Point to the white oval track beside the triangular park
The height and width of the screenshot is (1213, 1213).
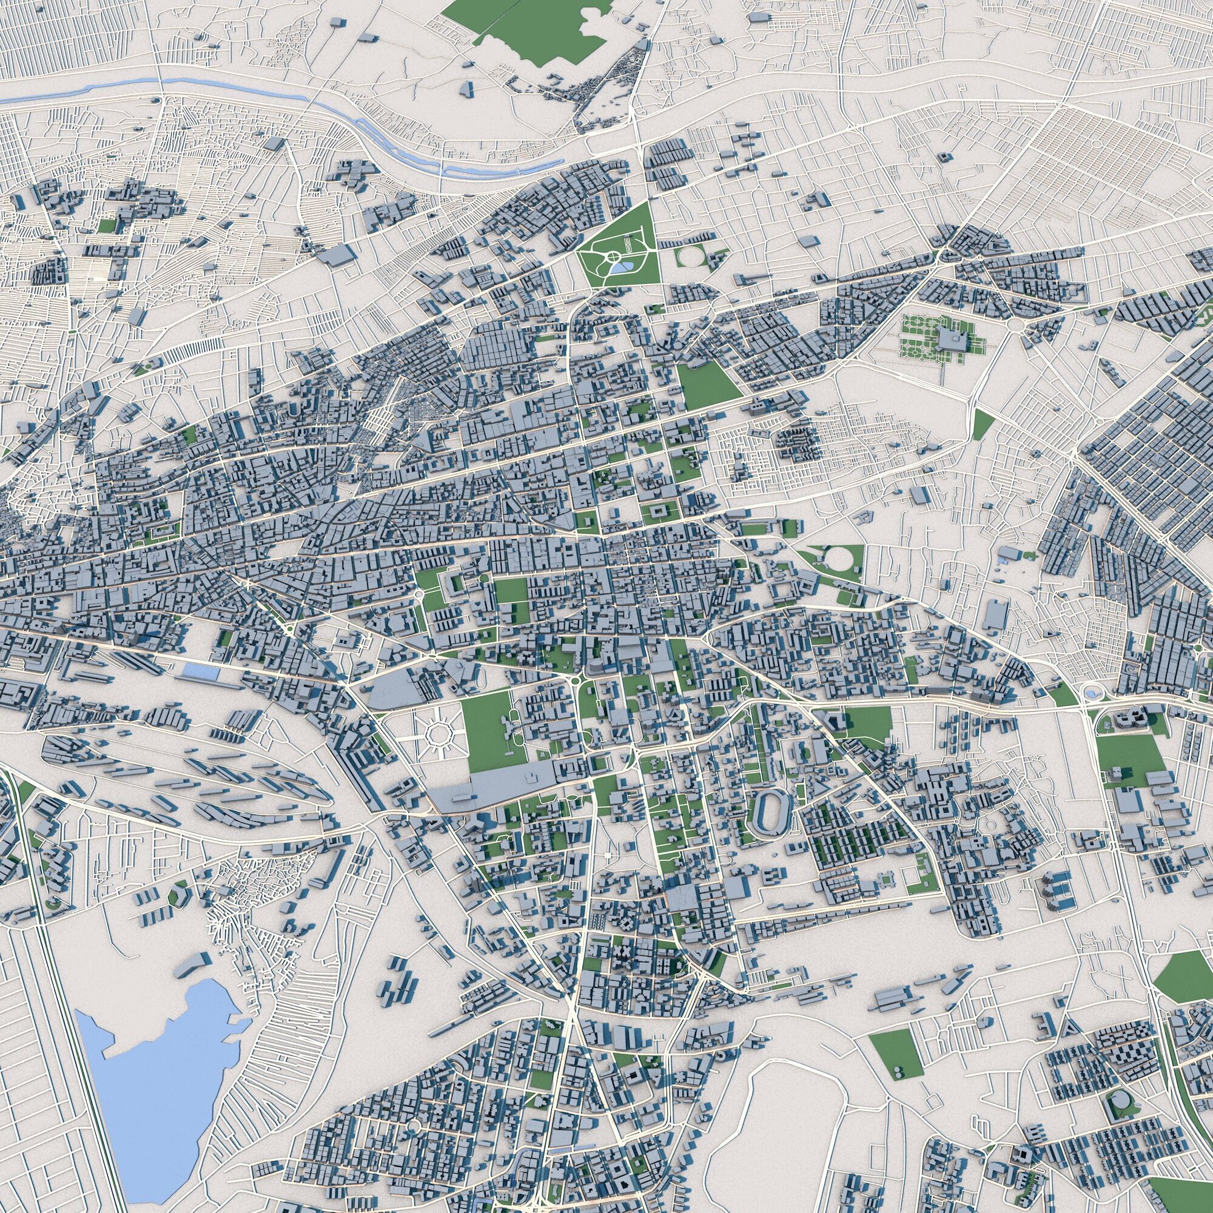pos(691,256)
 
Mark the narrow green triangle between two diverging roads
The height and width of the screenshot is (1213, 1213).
pos(981,425)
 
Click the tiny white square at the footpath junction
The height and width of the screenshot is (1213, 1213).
pos(608,856)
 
